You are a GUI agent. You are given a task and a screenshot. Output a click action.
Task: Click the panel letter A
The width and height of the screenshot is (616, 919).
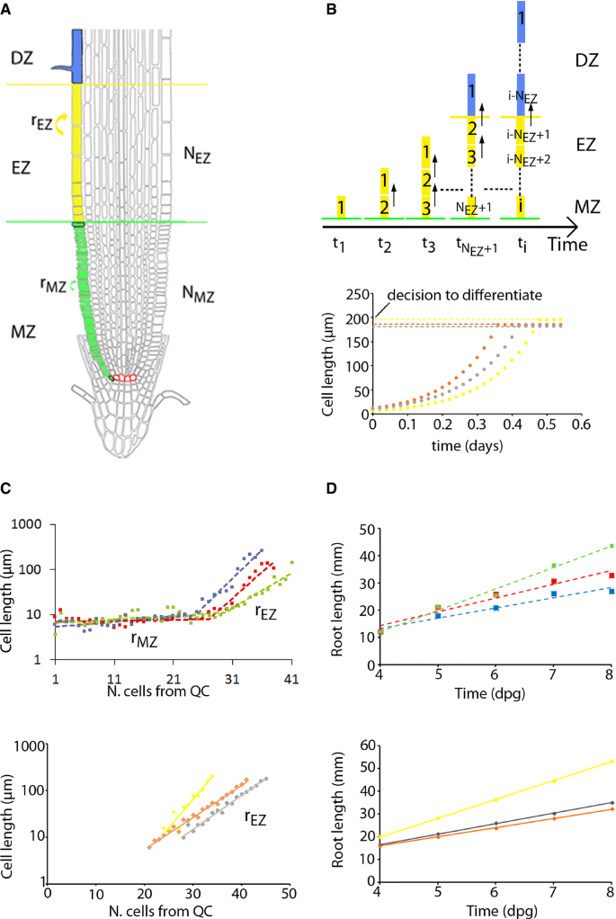6,9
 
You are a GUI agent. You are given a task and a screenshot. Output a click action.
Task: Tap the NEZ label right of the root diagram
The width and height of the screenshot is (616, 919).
194,153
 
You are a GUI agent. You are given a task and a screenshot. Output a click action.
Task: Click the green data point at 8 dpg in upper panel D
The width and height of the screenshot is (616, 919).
611,546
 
